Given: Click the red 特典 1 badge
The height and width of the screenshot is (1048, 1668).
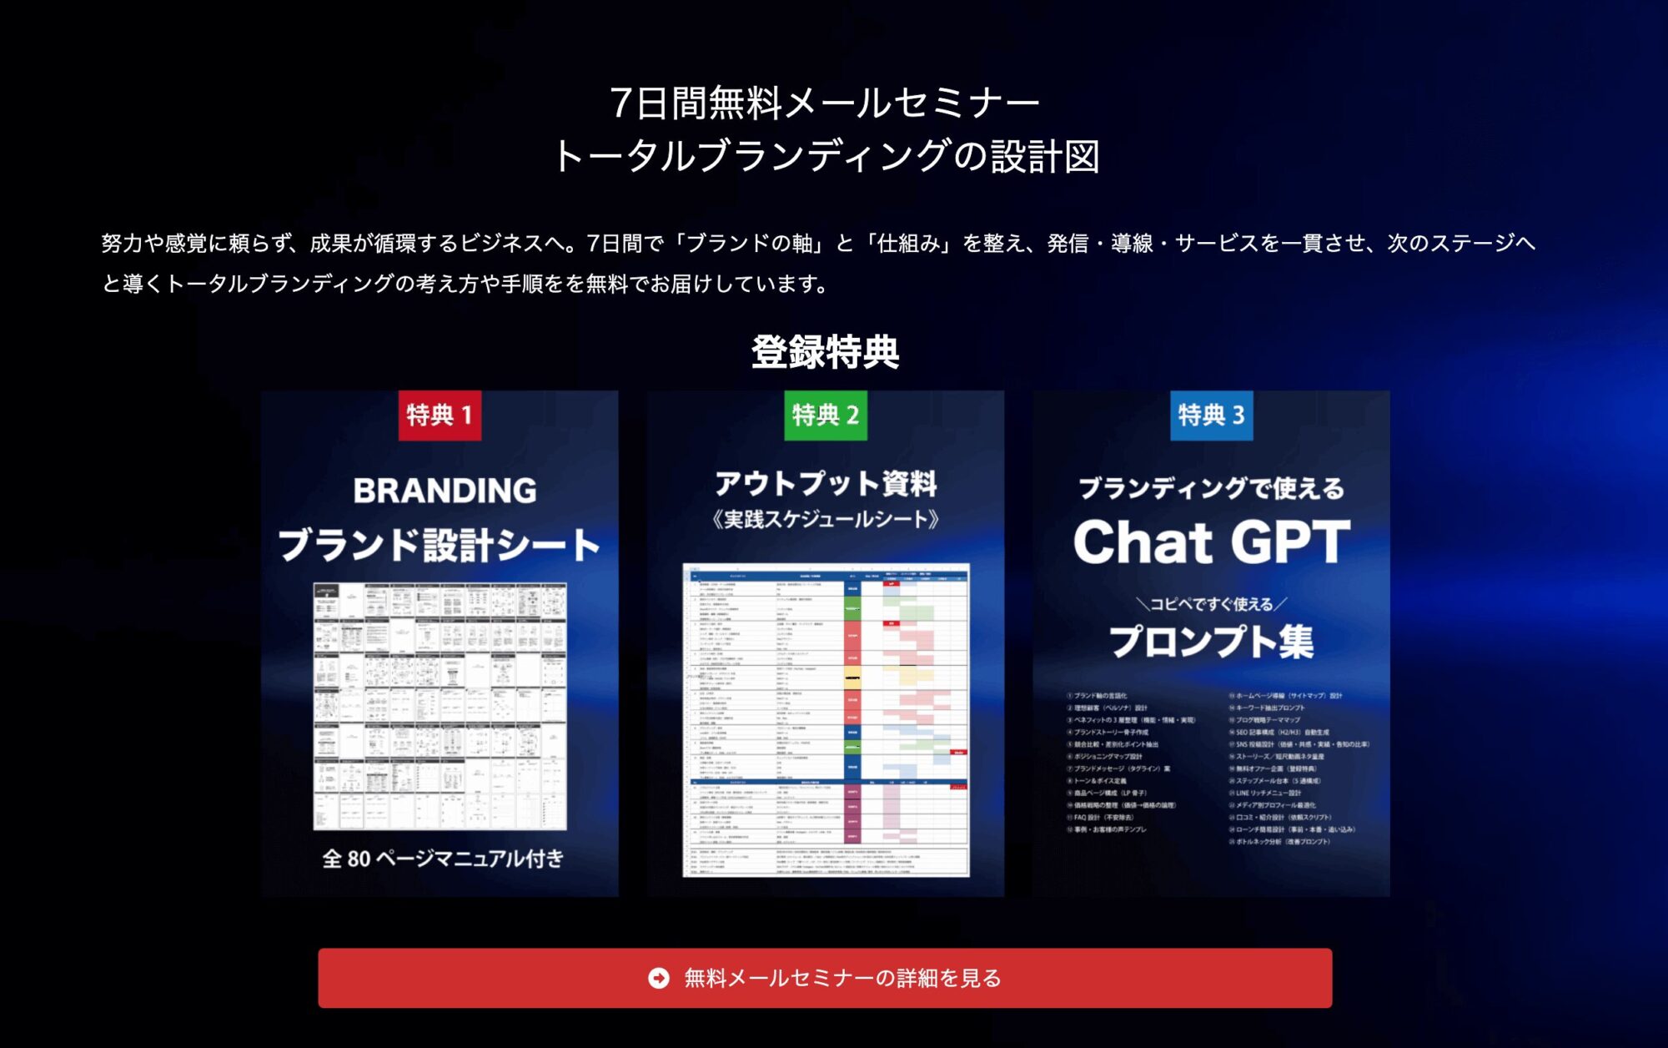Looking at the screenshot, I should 440,416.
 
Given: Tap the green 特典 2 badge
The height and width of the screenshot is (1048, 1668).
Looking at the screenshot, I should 826,416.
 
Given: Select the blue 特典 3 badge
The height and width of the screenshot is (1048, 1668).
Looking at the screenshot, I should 1211,416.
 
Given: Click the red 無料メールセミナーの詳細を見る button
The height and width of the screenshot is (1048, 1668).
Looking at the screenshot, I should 825,978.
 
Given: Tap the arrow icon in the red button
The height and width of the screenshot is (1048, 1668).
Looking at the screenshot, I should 659,978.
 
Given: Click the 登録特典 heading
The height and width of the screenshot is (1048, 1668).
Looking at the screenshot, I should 825,352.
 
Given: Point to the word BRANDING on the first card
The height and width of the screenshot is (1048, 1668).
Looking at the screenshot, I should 445,491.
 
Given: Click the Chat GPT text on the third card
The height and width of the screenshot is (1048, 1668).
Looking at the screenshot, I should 1211,542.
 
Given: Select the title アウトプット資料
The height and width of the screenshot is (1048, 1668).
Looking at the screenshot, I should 826,483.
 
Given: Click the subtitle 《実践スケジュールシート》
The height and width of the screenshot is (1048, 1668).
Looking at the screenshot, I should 826,520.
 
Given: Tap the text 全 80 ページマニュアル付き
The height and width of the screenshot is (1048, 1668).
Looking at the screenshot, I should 443,859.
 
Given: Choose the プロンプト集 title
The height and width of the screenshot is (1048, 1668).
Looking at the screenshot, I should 1211,642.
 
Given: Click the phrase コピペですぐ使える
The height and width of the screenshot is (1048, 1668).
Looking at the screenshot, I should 1211,604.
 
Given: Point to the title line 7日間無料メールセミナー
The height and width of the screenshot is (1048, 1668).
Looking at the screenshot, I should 825,103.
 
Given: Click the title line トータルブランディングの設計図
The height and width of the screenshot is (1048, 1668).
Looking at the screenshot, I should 825,156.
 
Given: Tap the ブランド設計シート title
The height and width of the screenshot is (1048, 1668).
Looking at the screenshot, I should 440,545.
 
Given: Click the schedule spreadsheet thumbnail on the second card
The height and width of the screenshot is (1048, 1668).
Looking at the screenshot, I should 826,720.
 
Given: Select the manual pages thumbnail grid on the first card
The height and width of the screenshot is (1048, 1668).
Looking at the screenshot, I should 440,706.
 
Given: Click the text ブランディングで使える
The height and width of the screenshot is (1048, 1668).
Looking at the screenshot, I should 1211,488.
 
